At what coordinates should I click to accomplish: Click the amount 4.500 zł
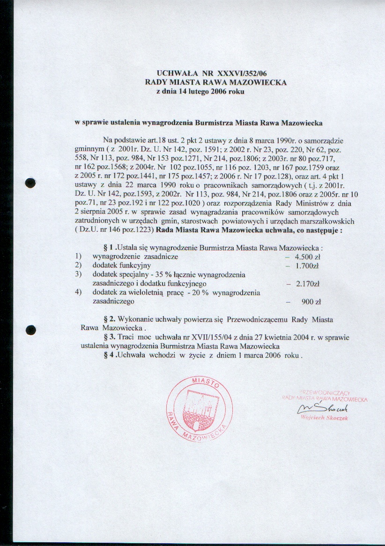point(307,257)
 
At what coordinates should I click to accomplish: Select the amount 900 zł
point(311,302)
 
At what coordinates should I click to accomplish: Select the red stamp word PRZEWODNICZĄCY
point(325,393)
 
